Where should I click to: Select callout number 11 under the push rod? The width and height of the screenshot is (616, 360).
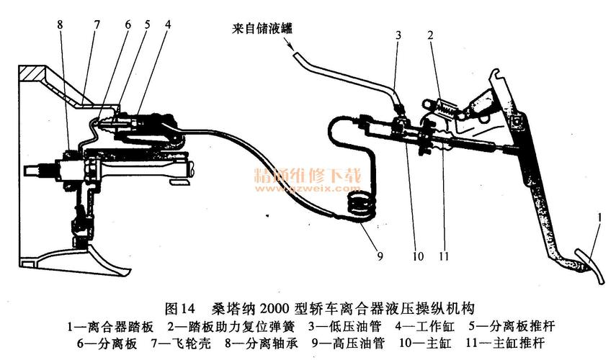tap(445, 253)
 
